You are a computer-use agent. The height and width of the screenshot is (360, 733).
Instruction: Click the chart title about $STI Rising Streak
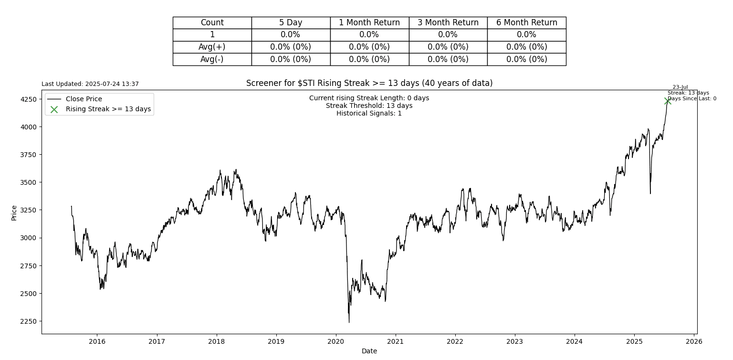tap(369, 83)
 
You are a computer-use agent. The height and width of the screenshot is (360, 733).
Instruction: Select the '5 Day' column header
tap(291, 22)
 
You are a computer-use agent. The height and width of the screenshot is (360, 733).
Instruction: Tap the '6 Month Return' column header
tap(526, 22)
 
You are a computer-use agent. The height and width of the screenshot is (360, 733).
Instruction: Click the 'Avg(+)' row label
tap(212, 47)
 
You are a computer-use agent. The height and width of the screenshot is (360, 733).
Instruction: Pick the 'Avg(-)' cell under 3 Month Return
tap(448, 59)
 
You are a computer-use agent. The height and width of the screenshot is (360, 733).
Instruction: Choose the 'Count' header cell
tap(212, 22)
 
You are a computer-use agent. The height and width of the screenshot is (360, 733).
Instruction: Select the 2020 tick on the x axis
tap(335, 341)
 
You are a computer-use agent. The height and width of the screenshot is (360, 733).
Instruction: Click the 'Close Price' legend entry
tap(84, 99)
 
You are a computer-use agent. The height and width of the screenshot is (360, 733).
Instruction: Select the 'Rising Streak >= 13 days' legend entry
tap(108, 109)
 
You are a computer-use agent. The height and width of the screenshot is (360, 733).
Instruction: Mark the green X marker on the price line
tap(668, 101)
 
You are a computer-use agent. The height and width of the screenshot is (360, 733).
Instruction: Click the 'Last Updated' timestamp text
tap(90, 84)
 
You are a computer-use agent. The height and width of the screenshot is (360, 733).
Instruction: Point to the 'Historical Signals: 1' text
tap(369, 114)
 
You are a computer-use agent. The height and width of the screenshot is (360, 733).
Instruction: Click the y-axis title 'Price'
tap(14, 212)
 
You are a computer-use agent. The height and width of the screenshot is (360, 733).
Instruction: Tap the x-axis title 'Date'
tap(369, 351)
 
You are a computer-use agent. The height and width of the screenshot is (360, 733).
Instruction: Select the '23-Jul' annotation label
tap(680, 87)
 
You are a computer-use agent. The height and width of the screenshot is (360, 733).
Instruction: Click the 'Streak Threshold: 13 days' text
tap(369, 106)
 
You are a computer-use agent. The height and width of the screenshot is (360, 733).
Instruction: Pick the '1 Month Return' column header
tap(369, 22)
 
